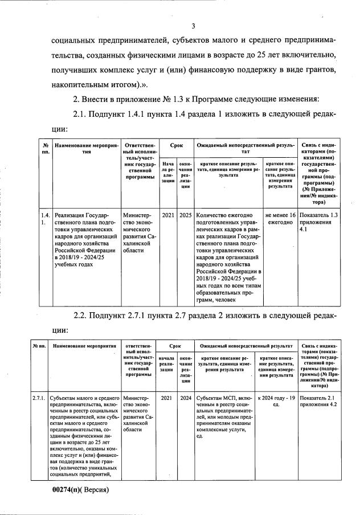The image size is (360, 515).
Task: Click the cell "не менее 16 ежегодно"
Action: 280,219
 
